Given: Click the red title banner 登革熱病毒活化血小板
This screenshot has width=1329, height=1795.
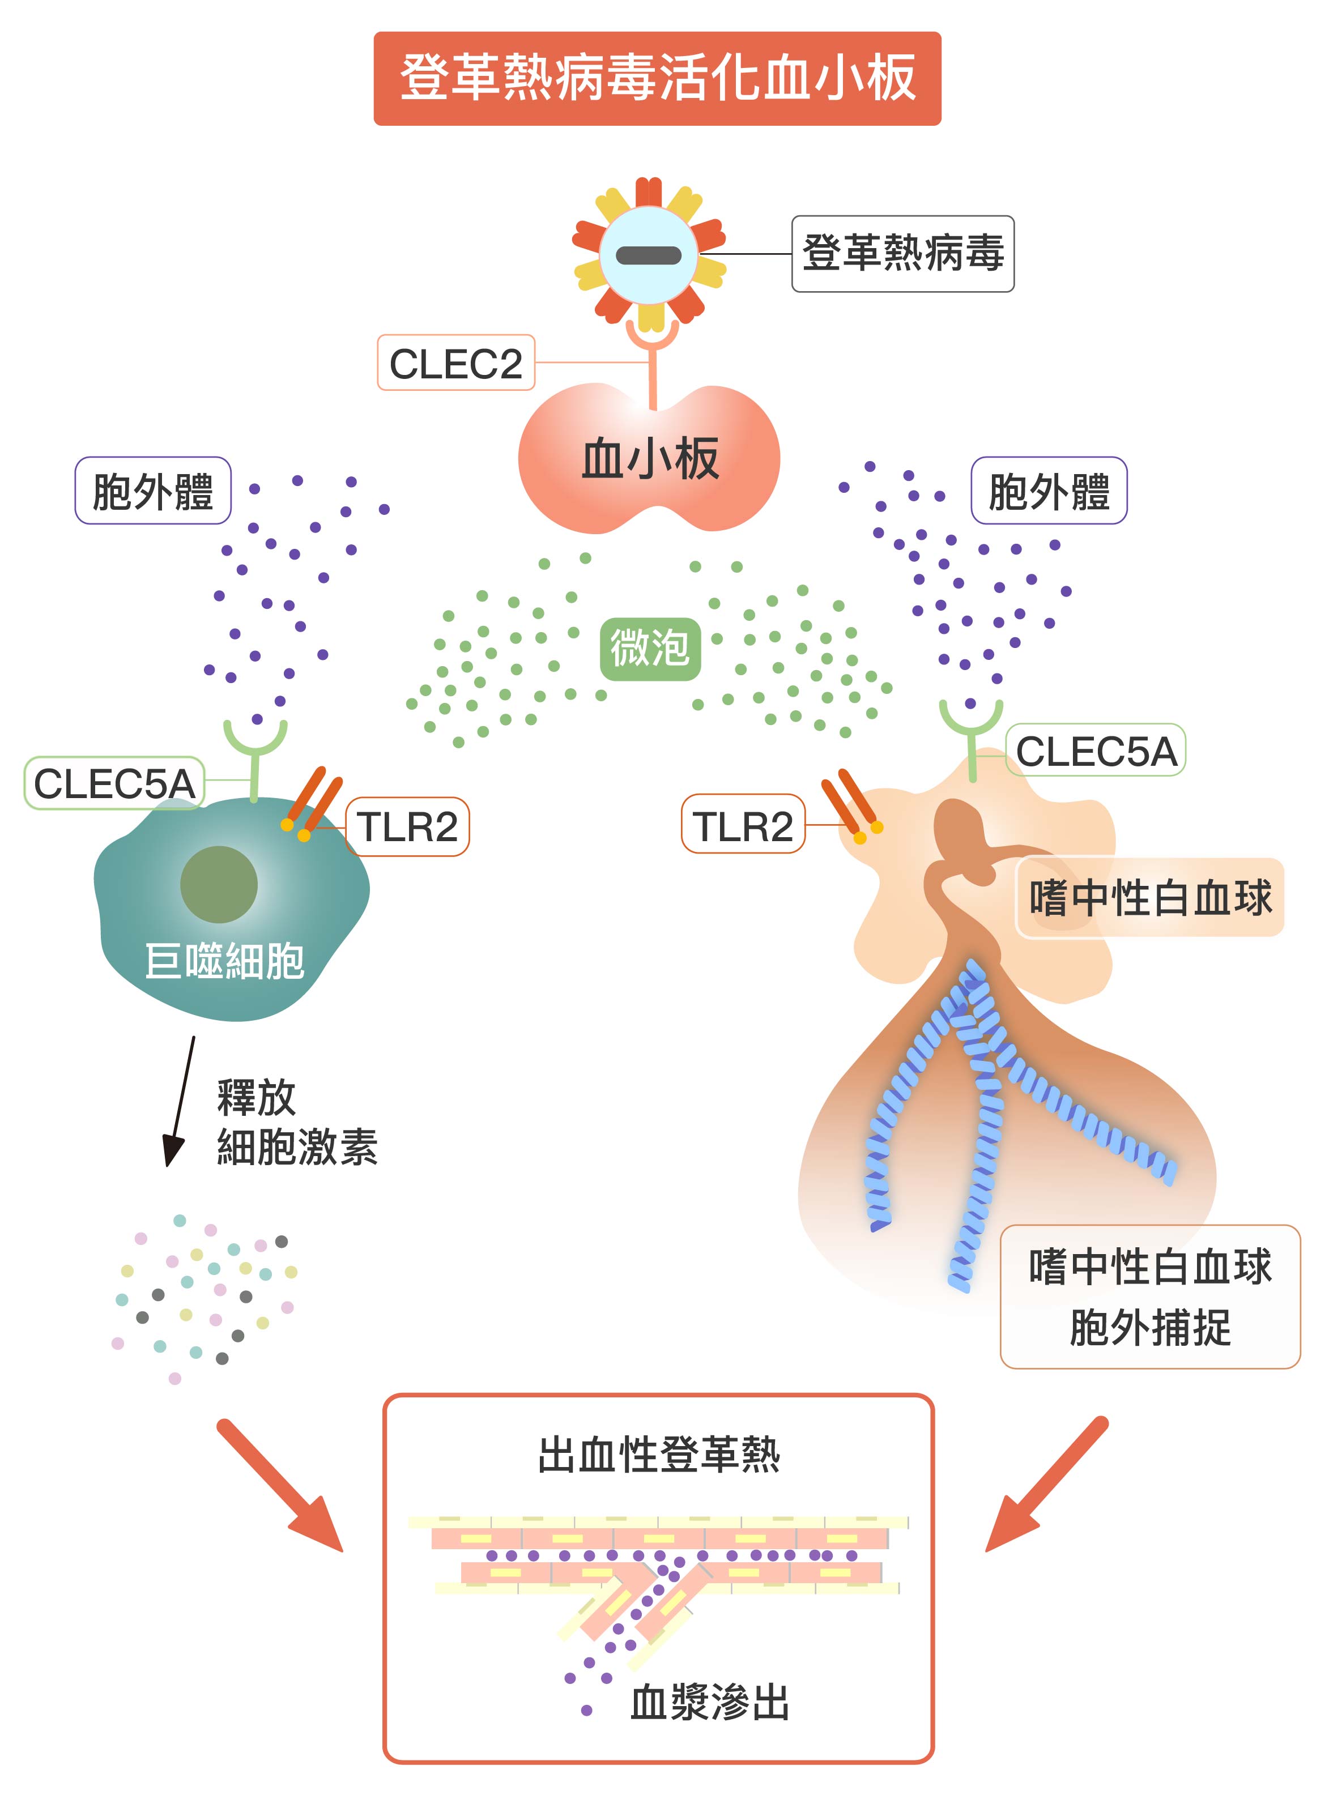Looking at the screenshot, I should click(x=657, y=78).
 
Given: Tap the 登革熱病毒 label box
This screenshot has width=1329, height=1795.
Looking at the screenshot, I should click(x=902, y=253).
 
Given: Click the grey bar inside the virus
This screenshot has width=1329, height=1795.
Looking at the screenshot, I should click(x=649, y=255).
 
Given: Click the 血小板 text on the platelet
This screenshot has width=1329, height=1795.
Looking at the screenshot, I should click(x=649, y=459).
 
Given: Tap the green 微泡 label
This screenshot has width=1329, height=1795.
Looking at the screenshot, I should click(x=650, y=648).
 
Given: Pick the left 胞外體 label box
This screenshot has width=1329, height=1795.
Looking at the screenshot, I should click(x=153, y=491).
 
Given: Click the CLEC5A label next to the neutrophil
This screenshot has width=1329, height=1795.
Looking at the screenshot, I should click(x=1095, y=751).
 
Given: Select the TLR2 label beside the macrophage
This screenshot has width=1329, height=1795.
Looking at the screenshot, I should click(x=407, y=827).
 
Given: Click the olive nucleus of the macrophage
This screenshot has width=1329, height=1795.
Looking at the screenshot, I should click(x=219, y=885).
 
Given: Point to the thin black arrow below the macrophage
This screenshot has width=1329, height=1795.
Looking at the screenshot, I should click(x=180, y=1101).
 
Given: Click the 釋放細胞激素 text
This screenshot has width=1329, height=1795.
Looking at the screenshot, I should click(x=296, y=1123).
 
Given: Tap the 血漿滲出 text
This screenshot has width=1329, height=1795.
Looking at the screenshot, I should click(x=710, y=1703).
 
